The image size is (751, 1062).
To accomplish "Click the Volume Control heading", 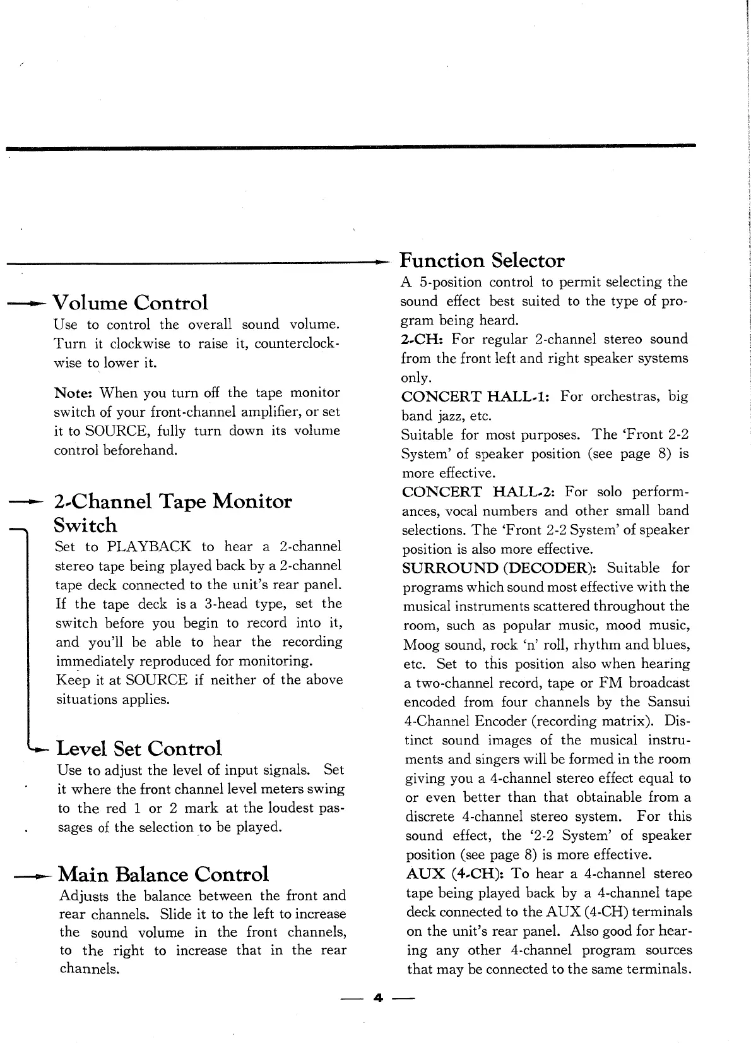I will (130, 303).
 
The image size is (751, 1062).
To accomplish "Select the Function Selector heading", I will (482, 260).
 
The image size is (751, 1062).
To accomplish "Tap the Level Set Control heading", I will (139, 749).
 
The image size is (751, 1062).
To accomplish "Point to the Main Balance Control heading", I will (163, 874).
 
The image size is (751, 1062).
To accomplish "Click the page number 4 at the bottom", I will (378, 998).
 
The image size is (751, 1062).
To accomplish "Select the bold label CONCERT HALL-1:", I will (476, 397).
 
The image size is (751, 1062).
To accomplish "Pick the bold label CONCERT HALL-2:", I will (479, 491).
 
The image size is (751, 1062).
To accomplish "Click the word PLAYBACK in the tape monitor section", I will (149, 546).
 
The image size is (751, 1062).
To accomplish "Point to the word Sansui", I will (669, 702).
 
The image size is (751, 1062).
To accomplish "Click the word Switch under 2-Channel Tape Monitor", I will (85, 525).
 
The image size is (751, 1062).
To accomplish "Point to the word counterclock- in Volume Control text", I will (298, 344).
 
